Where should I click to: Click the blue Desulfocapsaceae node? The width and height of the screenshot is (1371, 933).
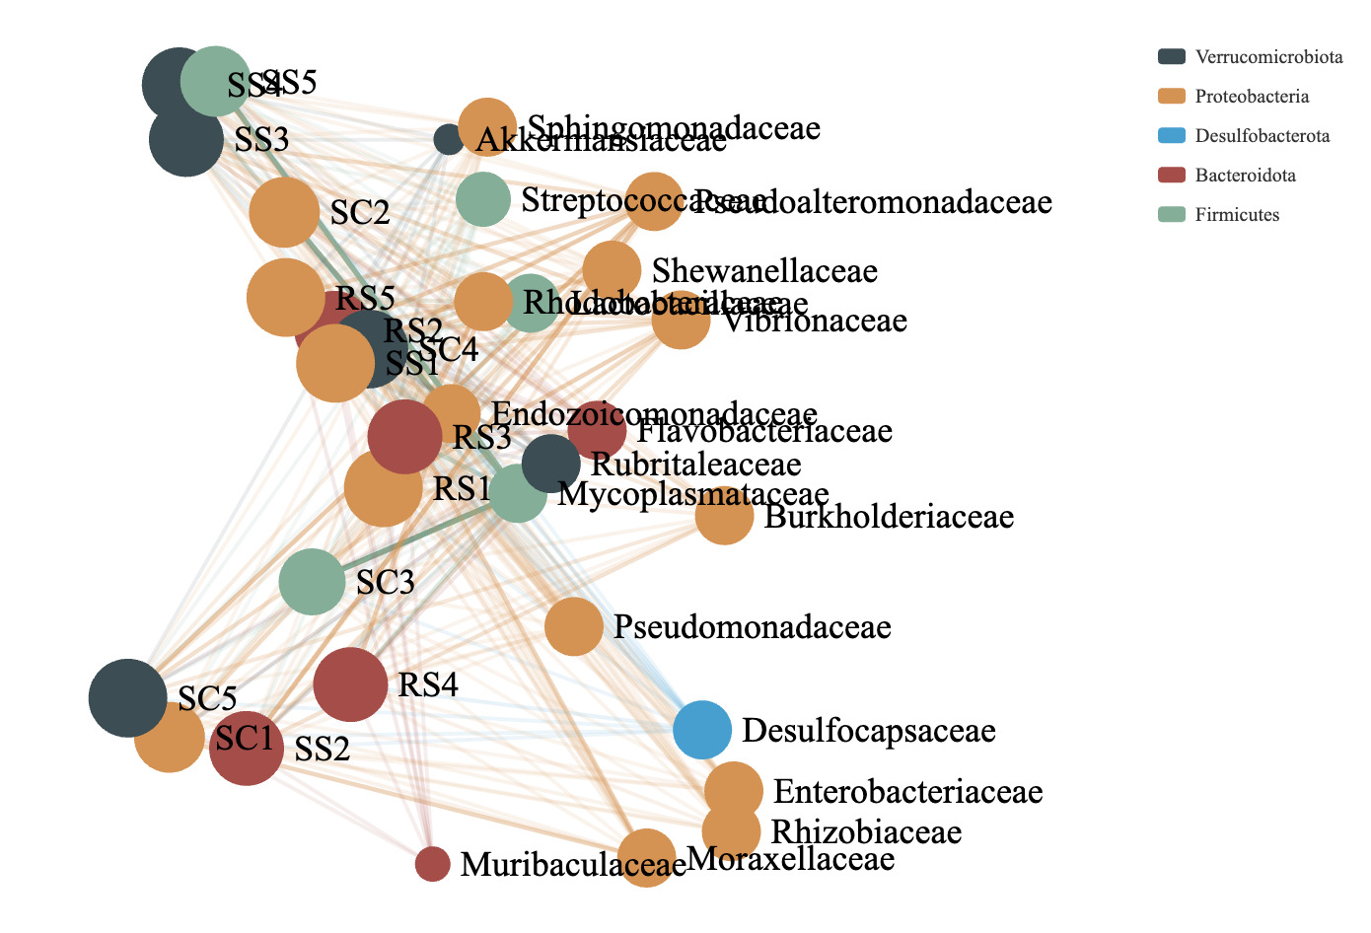[x=702, y=730]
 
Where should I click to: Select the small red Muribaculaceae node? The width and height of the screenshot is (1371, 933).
[x=432, y=864]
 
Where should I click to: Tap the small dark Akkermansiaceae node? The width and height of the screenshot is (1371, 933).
[x=449, y=139]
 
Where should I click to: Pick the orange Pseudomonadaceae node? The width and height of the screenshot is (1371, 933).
[x=573, y=626]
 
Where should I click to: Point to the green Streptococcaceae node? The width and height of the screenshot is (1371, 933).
[x=483, y=198]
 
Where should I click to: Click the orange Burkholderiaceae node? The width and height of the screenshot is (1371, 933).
[x=724, y=515]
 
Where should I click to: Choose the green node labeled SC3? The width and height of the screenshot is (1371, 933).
[x=312, y=582]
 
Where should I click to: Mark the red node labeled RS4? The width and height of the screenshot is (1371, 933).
[x=350, y=684]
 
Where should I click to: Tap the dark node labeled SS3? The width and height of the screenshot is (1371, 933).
[x=186, y=139]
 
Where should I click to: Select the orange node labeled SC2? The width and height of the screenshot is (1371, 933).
[x=284, y=212]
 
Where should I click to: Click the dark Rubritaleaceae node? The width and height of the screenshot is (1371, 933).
[x=550, y=463]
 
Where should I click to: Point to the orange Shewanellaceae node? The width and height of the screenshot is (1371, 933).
[x=612, y=269]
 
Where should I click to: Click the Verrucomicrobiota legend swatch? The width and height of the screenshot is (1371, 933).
[x=1172, y=56]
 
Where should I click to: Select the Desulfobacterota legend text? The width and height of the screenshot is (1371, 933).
[x=1263, y=136]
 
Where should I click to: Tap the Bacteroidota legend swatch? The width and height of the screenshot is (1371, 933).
[x=1172, y=175]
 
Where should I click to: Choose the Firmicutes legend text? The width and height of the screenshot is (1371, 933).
[x=1237, y=215]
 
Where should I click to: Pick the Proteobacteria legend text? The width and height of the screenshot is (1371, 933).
[x=1252, y=97]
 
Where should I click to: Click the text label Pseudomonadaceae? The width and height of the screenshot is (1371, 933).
[x=753, y=627]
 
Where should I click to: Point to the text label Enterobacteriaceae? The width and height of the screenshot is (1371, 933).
[x=907, y=791]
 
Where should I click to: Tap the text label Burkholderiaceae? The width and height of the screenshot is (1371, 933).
[x=889, y=517]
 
